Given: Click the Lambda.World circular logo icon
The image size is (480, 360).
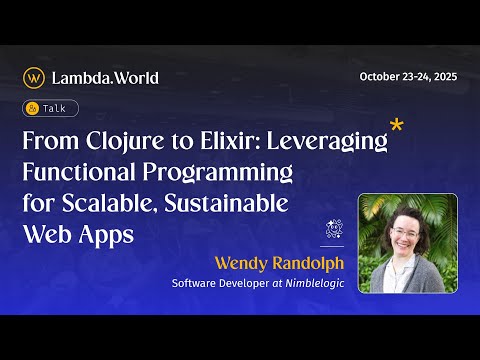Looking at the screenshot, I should (x=34, y=77).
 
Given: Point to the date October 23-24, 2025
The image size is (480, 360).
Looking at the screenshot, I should (x=408, y=78).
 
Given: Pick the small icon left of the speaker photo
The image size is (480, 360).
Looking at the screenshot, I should (x=336, y=230).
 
